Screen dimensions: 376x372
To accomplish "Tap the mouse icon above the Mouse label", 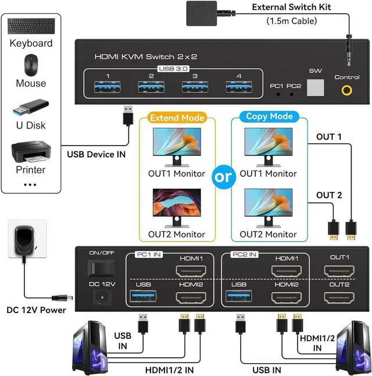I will pyautogui.click(x=31, y=64).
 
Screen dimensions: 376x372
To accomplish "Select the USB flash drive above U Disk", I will pyautogui.click(x=31, y=107).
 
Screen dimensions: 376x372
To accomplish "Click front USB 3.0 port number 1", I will pyautogui.click(x=107, y=87).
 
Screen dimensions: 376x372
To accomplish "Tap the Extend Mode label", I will pyautogui.click(x=177, y=118).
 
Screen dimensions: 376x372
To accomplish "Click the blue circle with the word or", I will pyautogui.click(x=224, y=178).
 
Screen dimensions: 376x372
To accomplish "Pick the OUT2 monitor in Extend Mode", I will pyautogui.click(x=177, y=207).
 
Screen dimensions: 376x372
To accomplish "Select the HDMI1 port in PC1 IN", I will pyautogui.click(x=191, y=271).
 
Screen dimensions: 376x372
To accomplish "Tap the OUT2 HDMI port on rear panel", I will pyautogui.click(x=339, y=297).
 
